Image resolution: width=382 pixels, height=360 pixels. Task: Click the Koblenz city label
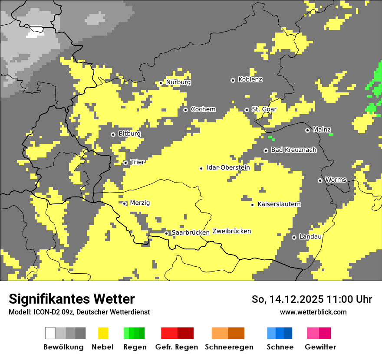(x=250, y=80)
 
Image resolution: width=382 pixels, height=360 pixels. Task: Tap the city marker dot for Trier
(x=125, y=163)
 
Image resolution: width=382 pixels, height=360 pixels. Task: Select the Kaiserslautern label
(x=279, y=204)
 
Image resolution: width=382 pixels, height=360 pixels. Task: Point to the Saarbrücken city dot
(x=166, y=233)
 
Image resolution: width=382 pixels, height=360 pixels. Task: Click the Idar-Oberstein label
(x=228, y=168)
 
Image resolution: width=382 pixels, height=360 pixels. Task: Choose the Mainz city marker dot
(x=307, y=130)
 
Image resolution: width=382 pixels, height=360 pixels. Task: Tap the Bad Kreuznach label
(x=293, y=150)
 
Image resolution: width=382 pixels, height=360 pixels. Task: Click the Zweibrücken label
(x=231, y=231)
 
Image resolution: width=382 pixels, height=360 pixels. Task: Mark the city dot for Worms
(x=320, y=180)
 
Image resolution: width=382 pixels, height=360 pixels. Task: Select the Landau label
(x=310, y=237)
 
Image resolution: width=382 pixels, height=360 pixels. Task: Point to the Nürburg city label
(x=178, y=82)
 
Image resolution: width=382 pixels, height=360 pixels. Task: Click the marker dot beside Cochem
(x=185, y=110)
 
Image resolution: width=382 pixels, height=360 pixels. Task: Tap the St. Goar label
(x=264, y=109)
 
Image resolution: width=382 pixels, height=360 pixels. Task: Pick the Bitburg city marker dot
(x=113, y=134)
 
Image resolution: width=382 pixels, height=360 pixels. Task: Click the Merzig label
(x=140, y=203)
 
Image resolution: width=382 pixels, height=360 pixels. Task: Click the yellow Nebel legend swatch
(x=103, y=333)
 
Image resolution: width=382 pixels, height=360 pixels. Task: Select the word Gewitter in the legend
(x=320, y=347)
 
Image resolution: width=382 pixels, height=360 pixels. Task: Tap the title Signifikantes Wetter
(x=72, y=299)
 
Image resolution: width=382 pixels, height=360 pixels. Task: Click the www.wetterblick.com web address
(x=313, y=312)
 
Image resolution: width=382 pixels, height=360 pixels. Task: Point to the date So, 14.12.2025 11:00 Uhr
(x=312, y=299)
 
